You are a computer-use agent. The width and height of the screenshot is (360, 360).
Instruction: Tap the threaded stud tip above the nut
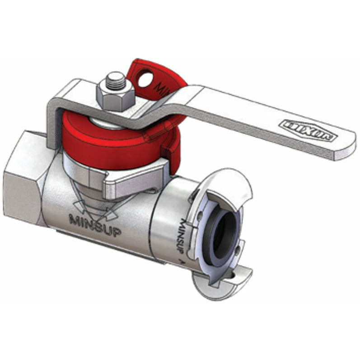click(116, 79)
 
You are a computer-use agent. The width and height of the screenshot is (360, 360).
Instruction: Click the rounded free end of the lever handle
click(346, 144)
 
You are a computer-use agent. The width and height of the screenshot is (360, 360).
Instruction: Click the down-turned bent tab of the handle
click(54, 126)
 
